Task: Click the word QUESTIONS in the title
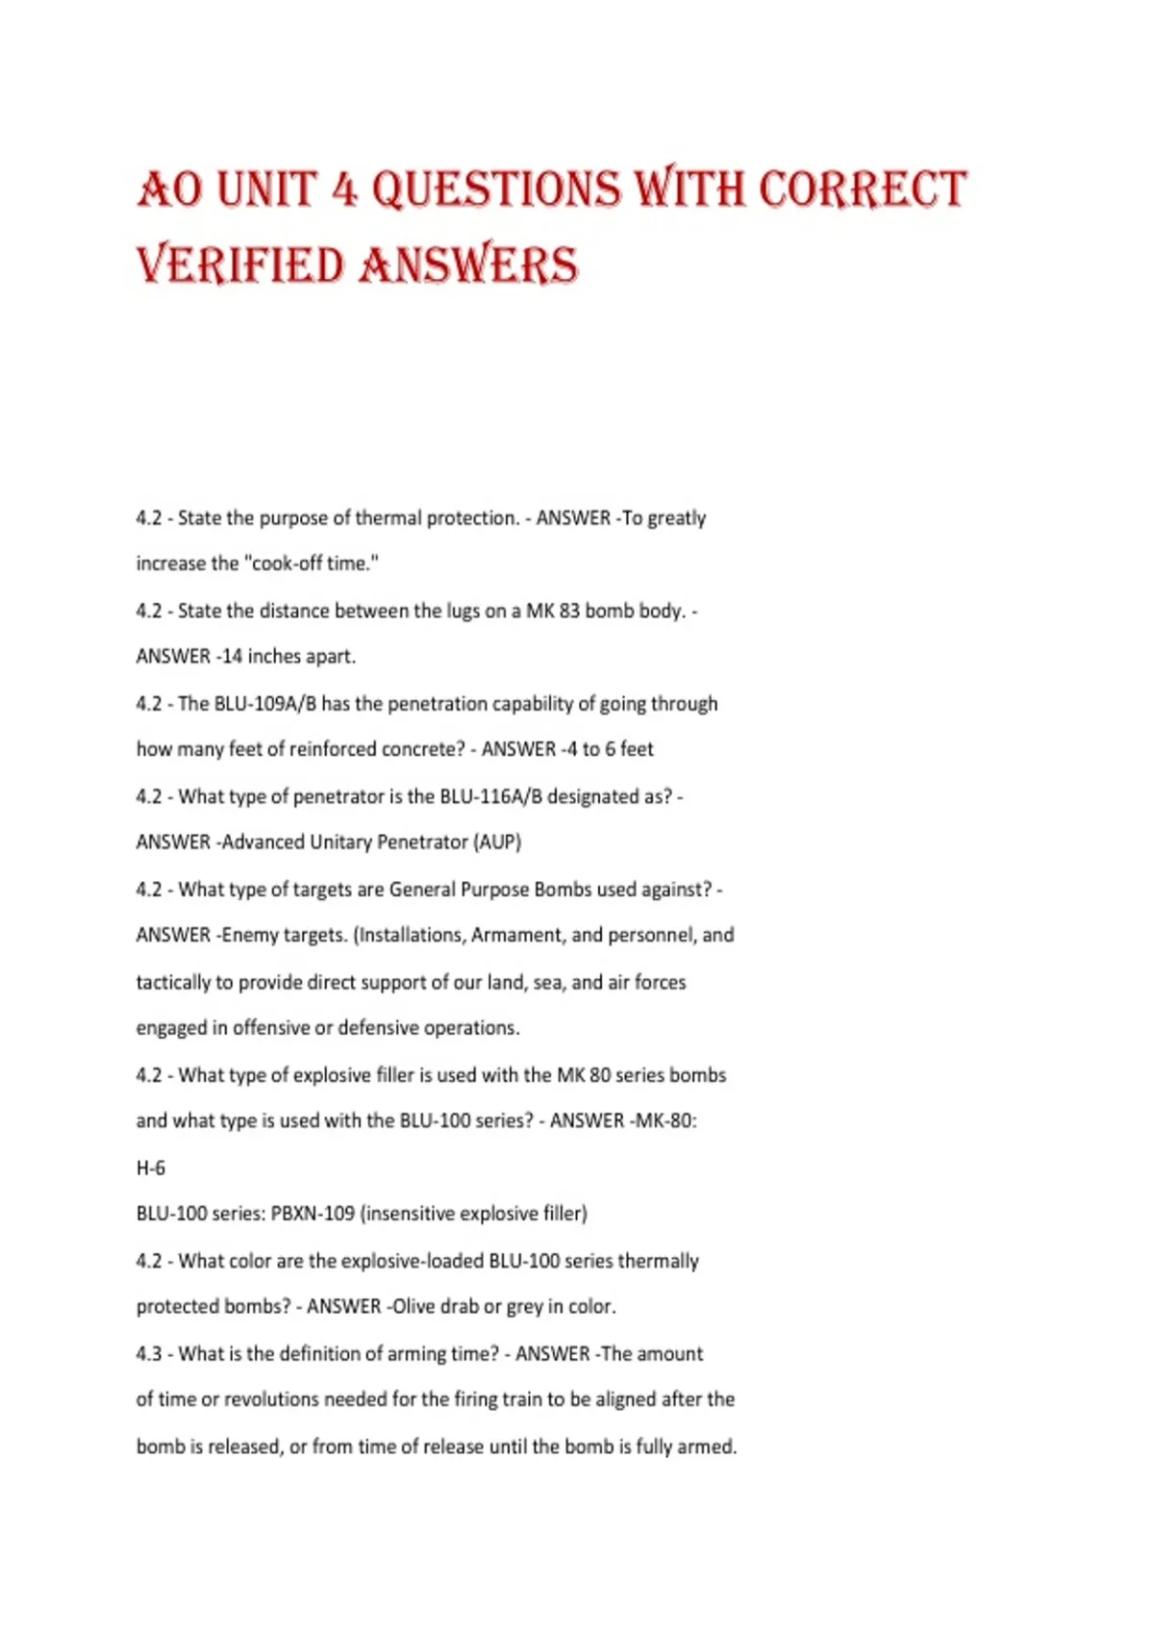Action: click(x=496, y=189)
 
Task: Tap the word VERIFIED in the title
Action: click(x=240, y=265)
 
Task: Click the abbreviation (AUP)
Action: click(x=497, y=843)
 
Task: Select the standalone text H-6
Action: click(x=151, y=1168)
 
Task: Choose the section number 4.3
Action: click(x=149, y=1354)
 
